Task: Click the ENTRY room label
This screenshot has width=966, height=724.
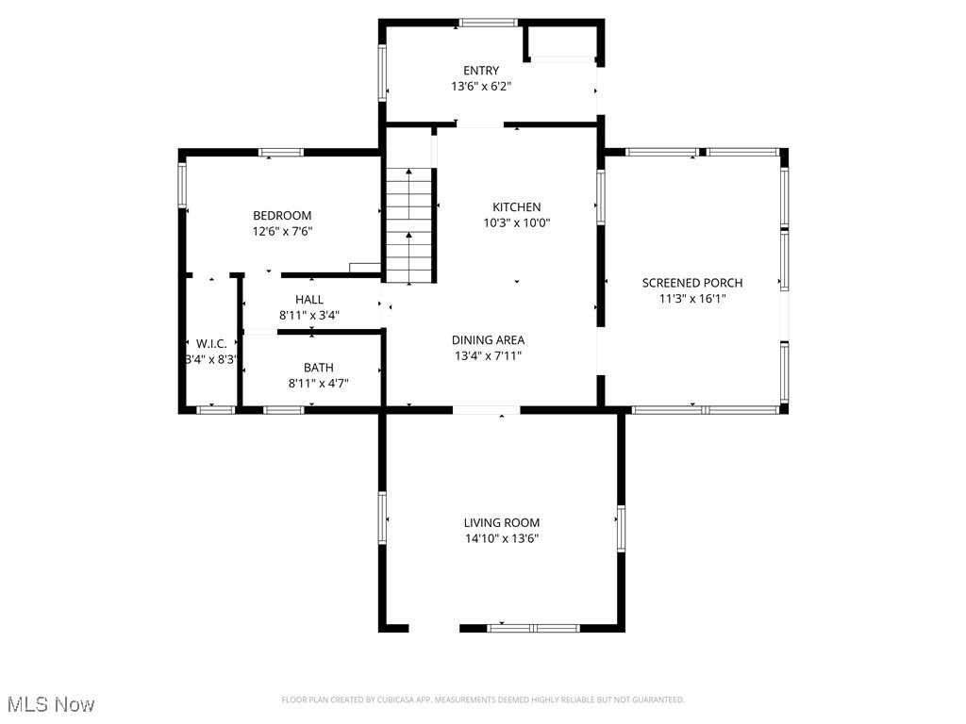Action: (x=481, y=71)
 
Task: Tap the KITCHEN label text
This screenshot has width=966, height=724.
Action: (x=517, y=207)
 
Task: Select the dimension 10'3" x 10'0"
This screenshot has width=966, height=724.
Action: (x=517, y=223)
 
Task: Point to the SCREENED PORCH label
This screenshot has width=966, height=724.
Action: (x=691, y=283)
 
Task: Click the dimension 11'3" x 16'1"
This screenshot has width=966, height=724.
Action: (x=691, y=299)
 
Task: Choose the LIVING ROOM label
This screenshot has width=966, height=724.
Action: (x=501, y=522)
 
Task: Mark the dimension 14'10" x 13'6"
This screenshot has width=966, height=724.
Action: (x=501, y=538)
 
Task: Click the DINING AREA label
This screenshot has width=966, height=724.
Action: (x=488, y=340)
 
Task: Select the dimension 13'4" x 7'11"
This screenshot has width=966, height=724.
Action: (x=488, y=356)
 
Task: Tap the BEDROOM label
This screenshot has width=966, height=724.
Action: (x=282, y=216)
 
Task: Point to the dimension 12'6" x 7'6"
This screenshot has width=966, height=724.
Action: (x=282, y=232)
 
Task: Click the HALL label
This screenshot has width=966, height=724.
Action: (x=309, y=300)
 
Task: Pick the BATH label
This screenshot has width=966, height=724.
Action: (x=318, y=368)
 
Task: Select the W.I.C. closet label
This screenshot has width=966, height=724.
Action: (x=211, y=343)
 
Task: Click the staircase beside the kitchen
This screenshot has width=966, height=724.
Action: (x=409, y=226)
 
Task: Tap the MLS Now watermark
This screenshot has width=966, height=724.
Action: (x=51, y=704)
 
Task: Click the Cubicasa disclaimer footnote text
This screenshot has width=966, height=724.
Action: (x=483, y=699)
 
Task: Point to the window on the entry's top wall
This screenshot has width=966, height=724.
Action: (x=488, y=23)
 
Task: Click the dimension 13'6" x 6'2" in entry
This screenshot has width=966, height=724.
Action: (x=481, y=87)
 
